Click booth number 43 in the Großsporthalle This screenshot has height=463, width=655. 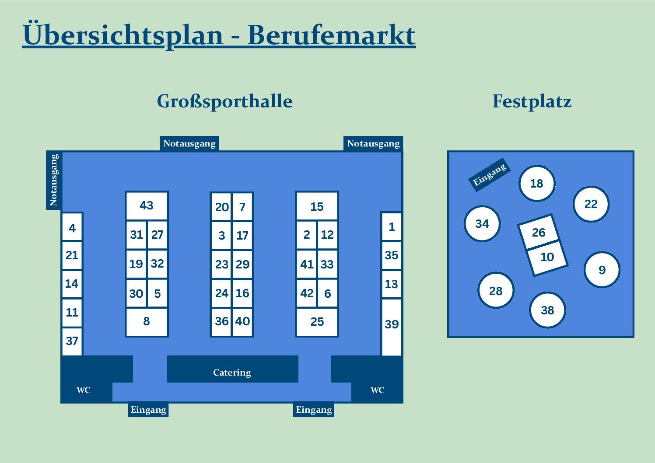147,205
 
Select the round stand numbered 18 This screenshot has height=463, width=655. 537,183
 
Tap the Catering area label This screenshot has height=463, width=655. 232,372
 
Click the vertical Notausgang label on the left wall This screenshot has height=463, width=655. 53,180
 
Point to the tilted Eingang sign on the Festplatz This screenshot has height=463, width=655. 490,175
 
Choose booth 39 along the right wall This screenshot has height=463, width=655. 392,327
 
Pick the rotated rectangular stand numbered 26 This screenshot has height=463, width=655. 539,232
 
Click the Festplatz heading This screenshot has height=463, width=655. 532,101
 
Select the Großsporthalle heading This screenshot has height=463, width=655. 224,101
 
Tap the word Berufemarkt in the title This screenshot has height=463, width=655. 332,35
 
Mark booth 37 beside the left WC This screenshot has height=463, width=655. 72,341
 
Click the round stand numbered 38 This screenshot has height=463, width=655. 547,310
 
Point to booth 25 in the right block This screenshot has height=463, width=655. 317,322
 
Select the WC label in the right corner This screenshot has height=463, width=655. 377,390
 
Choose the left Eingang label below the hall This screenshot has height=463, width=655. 148,410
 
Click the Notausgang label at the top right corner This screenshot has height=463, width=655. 373,143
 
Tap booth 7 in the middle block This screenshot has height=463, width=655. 242,207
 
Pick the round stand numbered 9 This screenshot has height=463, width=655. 602,270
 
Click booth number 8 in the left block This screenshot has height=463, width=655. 147,322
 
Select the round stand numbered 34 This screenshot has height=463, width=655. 482,223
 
